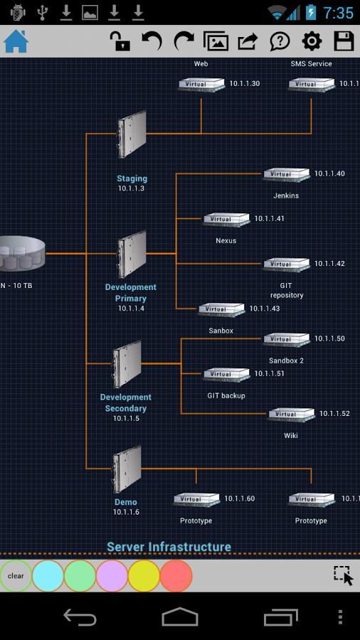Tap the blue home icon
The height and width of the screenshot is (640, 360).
point(16,41)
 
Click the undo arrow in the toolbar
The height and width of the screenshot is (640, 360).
point(152,41)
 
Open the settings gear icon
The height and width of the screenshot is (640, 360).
point(312,41)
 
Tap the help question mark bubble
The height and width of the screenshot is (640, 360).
point(280,41)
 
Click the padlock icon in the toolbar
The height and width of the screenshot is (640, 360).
point(120,41)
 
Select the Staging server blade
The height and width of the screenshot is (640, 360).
point(132,134)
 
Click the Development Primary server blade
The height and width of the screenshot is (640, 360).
point(132,254)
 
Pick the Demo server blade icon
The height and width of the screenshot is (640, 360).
point(127,469)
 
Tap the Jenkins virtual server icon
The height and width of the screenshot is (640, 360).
point(286,174)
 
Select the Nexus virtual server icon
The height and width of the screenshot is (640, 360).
point(226,219)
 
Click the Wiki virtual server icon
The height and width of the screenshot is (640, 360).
point(290,415)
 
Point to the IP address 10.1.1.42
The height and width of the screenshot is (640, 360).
point(329,264)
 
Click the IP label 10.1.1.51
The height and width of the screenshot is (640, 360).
point(269,374)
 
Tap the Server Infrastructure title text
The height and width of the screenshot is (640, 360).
point(169,547)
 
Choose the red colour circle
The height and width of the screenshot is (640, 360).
point(176,576)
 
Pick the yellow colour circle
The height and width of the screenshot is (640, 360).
point(144,576)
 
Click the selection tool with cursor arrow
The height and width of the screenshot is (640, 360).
point(343,575)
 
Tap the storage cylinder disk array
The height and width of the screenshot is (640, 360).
point(21,254)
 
